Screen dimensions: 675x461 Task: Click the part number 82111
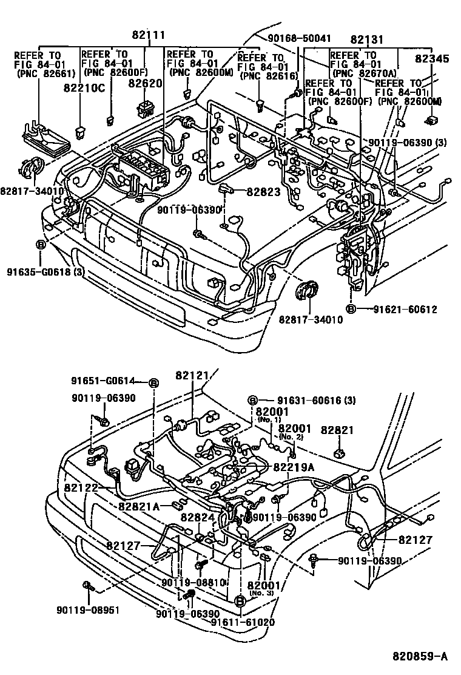coord(149,36)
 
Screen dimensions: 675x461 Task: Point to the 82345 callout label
coord(432,59)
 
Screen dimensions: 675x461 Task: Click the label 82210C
coord(84,87)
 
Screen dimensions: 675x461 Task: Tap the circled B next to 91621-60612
coord(351,310)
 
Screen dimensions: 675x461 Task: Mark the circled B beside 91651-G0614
coord(153,382)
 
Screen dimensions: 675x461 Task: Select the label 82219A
coord(294,467)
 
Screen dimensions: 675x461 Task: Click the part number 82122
coord(81,487)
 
